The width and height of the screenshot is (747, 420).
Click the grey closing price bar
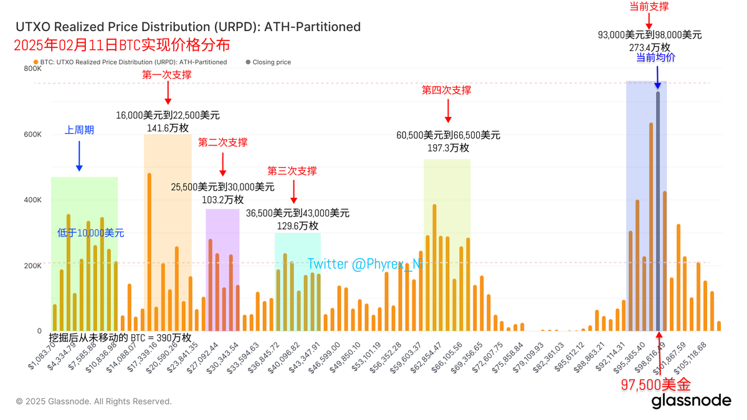tap(658, 212)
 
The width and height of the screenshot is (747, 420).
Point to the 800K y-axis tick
tap(32, 69)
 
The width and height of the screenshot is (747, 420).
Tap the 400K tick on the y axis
tap(32, 200)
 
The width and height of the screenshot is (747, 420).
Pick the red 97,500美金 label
tap(655, 385)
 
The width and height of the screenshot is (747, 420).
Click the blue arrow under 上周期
tap(79, 156)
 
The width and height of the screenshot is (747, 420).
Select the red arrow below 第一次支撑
tap(167, 93)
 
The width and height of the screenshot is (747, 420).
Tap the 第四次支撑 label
tap(447, 90)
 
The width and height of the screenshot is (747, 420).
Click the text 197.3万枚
tap(448, 148)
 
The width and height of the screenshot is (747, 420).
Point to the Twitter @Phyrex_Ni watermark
tap(364, 264)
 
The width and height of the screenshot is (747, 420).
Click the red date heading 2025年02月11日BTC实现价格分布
tap(121, 45)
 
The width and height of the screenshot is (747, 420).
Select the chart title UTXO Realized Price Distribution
tap(188, 27)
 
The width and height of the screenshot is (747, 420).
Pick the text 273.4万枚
tap(649, 47)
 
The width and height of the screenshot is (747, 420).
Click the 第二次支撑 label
tap(222, 142)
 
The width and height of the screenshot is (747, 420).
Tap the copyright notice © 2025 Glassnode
tap(93, 401)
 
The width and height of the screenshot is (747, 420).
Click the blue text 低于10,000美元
tap(91, 233)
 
